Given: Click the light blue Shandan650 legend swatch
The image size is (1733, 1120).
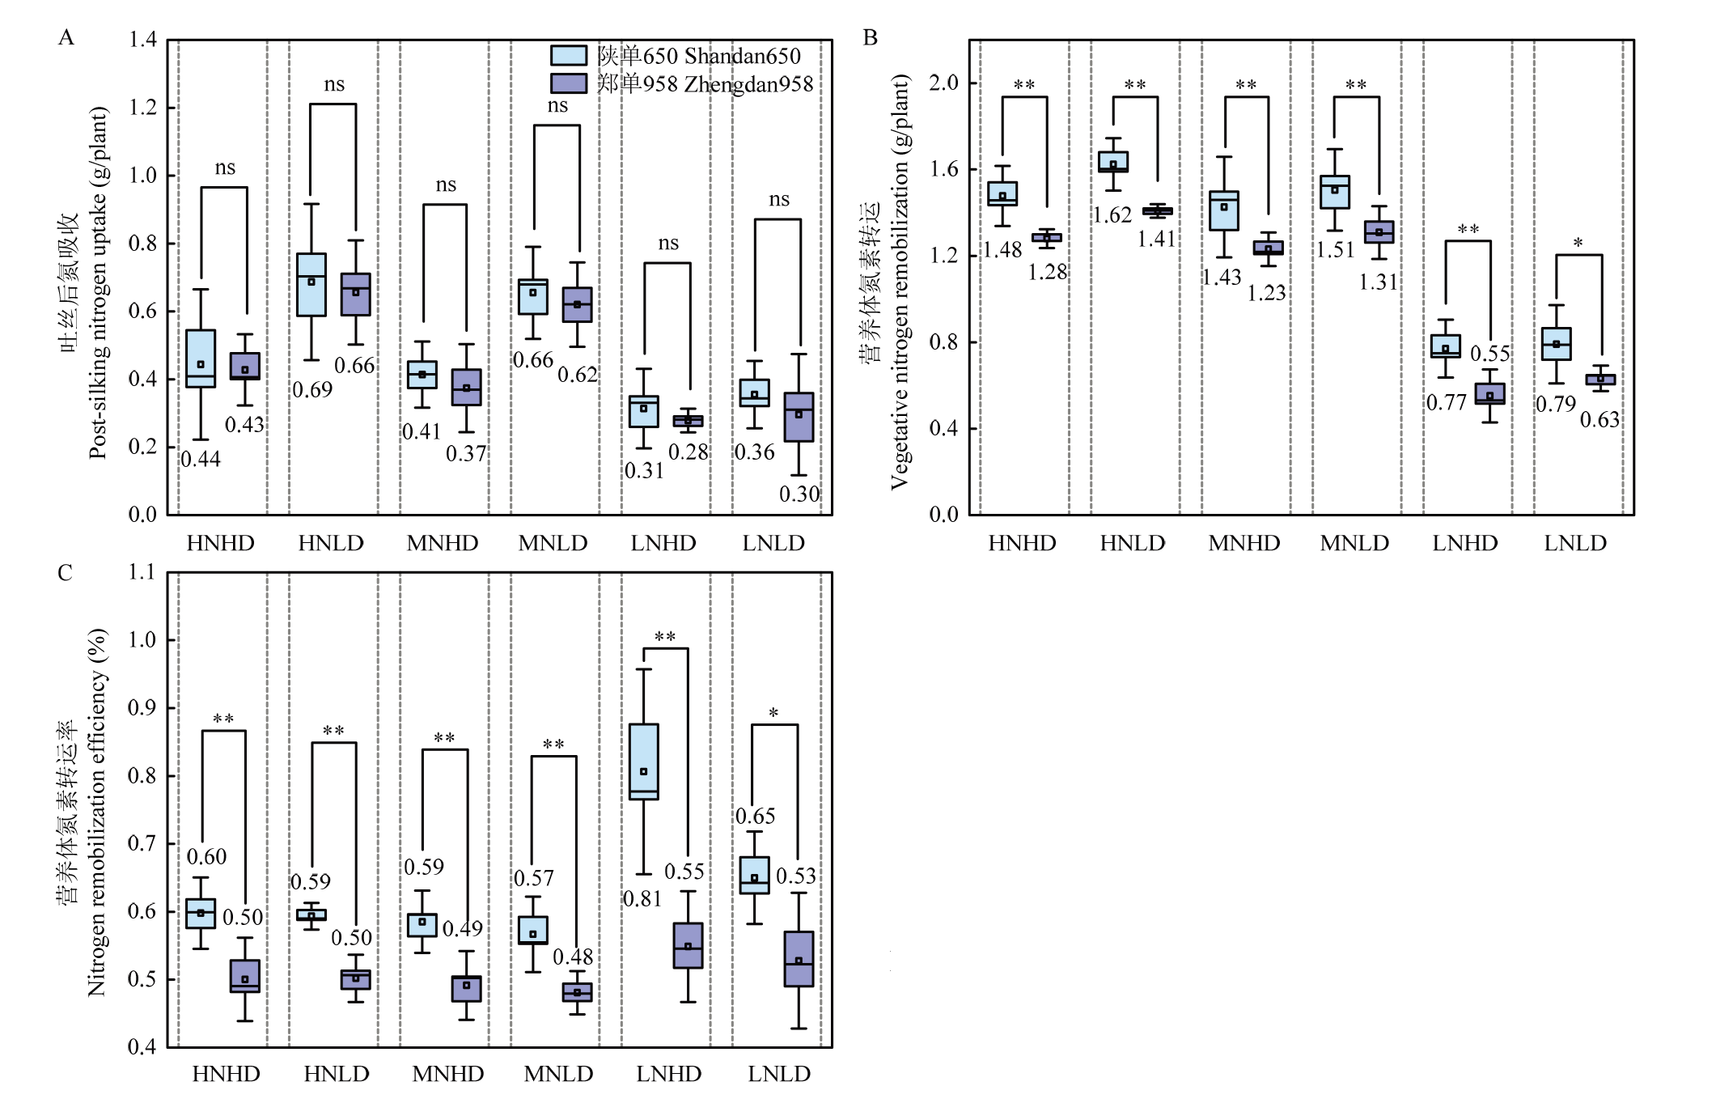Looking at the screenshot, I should tap(568, 55).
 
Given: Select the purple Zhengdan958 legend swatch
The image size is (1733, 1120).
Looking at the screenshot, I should tap(568, 83).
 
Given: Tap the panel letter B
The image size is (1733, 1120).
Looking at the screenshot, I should tap(871, 37).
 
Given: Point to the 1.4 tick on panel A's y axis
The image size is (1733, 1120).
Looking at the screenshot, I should tap(142, 40).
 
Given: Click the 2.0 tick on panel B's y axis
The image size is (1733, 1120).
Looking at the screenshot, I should tap(943, 83).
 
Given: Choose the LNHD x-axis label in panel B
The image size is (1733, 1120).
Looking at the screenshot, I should tap(1464, 543).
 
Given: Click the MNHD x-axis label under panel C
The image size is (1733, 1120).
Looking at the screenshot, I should tap(447, 1074).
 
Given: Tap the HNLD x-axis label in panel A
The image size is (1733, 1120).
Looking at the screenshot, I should tap(331, 543).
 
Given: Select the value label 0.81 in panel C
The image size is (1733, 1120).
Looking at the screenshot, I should tap(642, 898).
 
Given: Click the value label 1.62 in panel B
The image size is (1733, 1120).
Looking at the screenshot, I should tap(1112, 215).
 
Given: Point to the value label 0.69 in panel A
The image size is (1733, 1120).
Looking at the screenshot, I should tap(312, 390).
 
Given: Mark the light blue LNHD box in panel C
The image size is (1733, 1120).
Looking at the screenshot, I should tap(644, 762).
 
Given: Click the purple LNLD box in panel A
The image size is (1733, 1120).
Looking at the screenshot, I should tap(799, 417).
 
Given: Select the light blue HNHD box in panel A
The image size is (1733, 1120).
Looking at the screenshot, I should tap(201, 358).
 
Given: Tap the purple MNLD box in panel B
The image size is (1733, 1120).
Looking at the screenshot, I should tap(1379, 232).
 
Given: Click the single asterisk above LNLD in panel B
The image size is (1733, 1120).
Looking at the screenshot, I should tap(1578, 243).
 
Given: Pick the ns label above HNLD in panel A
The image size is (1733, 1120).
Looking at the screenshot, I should tap(334, 84).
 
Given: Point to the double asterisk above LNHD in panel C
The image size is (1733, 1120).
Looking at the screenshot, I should tap(665, 637).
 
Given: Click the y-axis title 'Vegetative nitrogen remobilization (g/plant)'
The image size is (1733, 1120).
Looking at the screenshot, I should tap(900, 282).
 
